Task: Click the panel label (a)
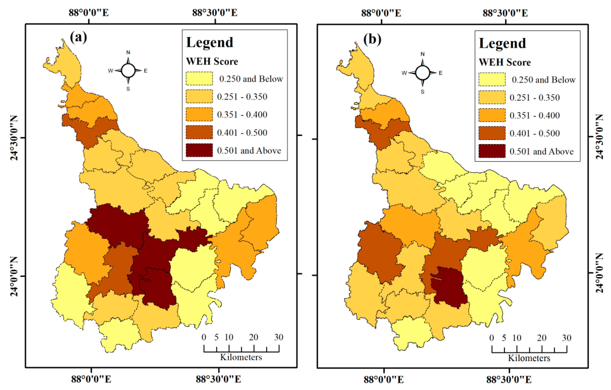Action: click(x=78, y=37)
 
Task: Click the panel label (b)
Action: click(x=372, y=39)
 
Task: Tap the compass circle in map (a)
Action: click(x=128, y=70)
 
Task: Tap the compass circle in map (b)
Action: click(x=423, y=73)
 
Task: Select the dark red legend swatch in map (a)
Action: click(x=199, y=150)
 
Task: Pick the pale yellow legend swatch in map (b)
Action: click(x=492, y=79)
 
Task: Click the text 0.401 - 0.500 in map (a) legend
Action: click(x=242, y=133)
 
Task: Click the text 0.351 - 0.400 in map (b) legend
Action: click(x=535, y=116)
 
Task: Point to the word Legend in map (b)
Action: click(x=502, y=43)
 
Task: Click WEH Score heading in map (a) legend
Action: click(x=212, y=61)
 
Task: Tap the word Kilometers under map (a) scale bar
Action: click(x=241, y=357)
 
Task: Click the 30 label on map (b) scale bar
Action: click(x=567, y=338)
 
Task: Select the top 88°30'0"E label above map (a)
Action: click(x=215, y=13)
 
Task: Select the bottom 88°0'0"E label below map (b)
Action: click(x=383, y=380)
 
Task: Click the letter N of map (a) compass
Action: click(x=128, y=53)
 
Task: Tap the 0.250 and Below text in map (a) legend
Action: click(x=251, y=79)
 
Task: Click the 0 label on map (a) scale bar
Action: click(x=204, y=337)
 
